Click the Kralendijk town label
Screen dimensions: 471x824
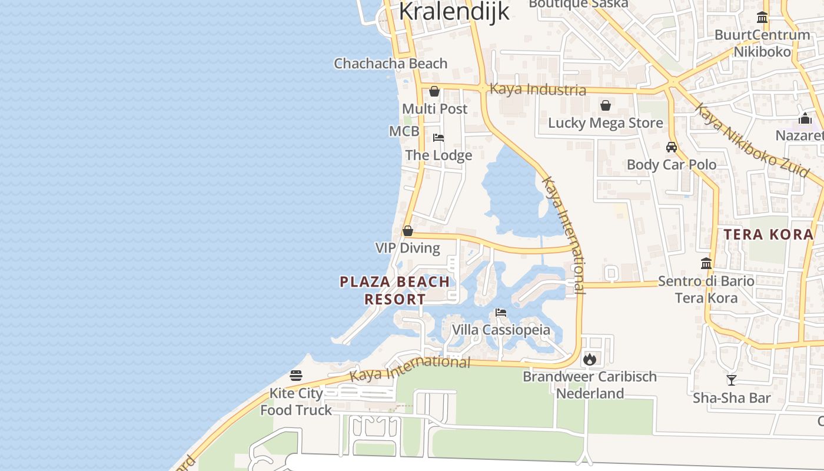pyautogui.click(x=454, y=11)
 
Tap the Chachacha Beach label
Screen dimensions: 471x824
pyautogui.click(x=390, y=64)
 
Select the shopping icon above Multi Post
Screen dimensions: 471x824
pyautogui.click(x=434, y=91)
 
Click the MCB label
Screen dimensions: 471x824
pyautogui.click(x=404, y=131)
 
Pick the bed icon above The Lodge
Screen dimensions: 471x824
pyautogui.click(x=438, y=138)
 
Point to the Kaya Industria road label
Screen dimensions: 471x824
pyautogui.click(x=537, y=89)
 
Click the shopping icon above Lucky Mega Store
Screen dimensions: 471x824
pyautogui.click(x=605, y=105)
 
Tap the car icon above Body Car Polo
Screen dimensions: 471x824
pyautogui.click(x=672, y=147)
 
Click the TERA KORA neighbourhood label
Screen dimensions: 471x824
pyautogui.click(x=768, y=234)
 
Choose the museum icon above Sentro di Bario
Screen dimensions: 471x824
pyautogui.click(x=706, y=263)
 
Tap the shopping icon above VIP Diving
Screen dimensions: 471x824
pyautogui.click(x=407, y=231)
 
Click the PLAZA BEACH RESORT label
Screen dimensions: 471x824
pyautogui.click(x=395, y=290)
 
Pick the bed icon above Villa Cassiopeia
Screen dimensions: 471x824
pyautogui.click(x=501, y=312)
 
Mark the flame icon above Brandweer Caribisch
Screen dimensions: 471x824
pyautogui.click(x=590, y=359)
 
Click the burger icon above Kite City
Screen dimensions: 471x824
pyautogui.click(x=296, y=376)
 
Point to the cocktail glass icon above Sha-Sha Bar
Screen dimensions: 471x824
pyautogui.click(x=731, y=380)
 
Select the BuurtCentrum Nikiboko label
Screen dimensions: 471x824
pyautogui.click(x=762, y=43)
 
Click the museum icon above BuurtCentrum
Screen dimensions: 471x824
pyautogui.click(x=762, y=17)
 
